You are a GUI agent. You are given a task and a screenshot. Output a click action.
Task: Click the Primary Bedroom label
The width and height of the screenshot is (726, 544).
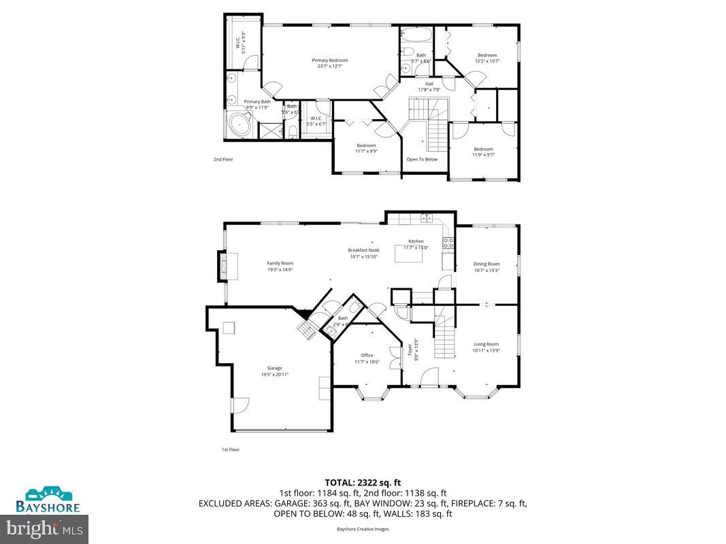tap(330, 61)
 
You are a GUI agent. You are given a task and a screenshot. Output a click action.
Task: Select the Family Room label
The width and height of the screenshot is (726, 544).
tap(280, 263)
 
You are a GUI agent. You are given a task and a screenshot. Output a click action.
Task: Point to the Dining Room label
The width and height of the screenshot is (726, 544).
tap(486, 264)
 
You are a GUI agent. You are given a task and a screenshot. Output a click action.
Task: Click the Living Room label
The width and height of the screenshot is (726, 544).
tap(486, 344)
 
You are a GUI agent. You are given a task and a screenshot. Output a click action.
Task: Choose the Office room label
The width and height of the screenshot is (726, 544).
tap(367, 355)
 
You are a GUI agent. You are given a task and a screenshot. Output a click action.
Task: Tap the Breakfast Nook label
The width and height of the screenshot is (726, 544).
tap(364, 250)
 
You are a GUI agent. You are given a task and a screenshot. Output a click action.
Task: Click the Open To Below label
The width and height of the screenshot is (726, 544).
tap(422, 159)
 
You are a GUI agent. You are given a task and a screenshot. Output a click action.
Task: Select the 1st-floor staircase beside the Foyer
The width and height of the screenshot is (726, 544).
tap(444, 338)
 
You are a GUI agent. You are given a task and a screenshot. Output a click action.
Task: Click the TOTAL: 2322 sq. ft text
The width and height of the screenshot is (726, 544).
tap(363, 482)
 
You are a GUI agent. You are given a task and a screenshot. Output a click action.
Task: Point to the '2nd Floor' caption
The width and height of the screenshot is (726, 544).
tap(223, 159)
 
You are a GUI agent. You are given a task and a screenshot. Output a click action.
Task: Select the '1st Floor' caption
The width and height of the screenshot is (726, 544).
tap(230, 449)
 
